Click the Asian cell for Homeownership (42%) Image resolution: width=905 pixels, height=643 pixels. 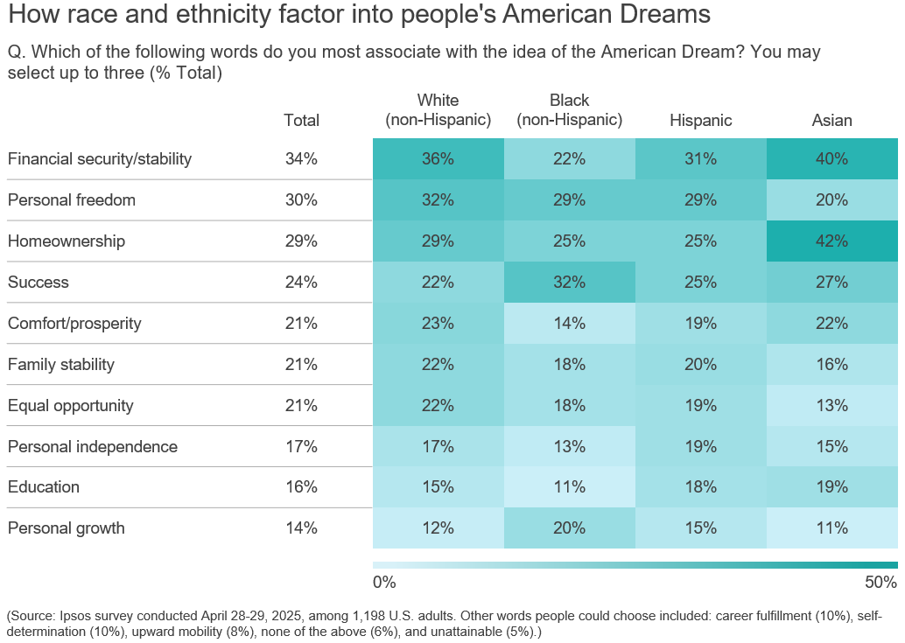[x=831, y=241]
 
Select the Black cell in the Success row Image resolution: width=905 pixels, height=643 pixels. [x=569, y=282]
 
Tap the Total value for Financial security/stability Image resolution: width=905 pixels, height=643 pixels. [x=301, y=158]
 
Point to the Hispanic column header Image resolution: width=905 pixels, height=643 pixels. [x=700, y=121]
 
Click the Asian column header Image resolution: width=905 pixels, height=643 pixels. [x=831, y=121]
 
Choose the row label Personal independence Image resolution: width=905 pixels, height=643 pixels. [x=93, y=446]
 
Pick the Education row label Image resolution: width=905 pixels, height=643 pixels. [x=44, y=487]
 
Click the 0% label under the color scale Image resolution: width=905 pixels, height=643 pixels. [x=384, y=583]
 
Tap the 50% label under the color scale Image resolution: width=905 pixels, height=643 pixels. [x=880, y=583]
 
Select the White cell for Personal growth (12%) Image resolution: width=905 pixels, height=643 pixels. [x=438, y=528]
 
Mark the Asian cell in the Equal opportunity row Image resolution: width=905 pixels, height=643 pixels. [x=831, y=405]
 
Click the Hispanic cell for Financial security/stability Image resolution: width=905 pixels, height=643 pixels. [x=700, y=158]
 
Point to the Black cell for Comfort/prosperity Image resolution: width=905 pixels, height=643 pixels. [x=569, y=323]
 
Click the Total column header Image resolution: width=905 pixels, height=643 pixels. [x=301, y=121]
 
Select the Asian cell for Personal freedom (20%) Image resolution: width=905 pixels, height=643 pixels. [x=831, y=199]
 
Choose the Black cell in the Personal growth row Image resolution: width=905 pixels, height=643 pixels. [x=569, y=528]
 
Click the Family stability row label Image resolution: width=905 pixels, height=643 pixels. [x=61, y=364]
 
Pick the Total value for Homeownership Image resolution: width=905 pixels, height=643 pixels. [x=301, y=241]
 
